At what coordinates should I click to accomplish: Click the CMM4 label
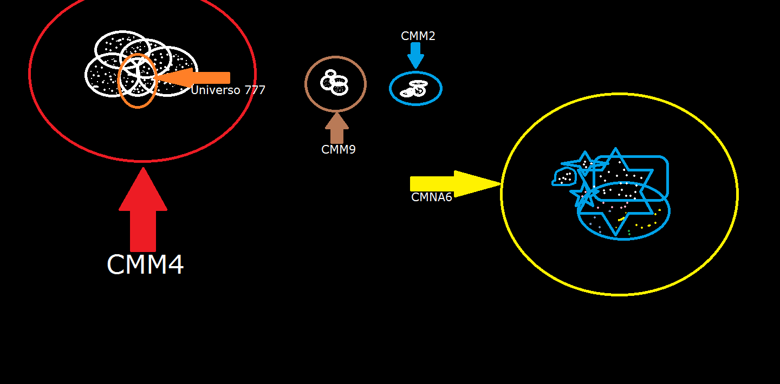pos(145,264)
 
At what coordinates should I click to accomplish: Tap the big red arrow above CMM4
pos(143,209)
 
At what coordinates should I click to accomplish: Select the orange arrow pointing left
pos(192,77)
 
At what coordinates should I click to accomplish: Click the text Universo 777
pos(228,90)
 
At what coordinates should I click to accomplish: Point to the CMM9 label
pos(338,150)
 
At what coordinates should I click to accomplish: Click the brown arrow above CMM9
pos(337,128)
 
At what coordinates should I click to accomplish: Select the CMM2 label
pos(418,36)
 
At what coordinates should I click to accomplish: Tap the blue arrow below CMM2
pos(415,55)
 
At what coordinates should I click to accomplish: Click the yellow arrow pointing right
pos(456,184)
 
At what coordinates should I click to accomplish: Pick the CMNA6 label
pos(431,197)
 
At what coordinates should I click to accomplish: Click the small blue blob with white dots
pos(564,177)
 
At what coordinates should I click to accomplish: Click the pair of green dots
pos(629,233)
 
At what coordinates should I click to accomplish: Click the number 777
pos(255,90)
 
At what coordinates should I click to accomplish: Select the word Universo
pos(216,90)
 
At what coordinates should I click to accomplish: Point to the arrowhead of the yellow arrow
pos(477,184)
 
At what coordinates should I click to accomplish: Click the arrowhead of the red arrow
pos(143,189)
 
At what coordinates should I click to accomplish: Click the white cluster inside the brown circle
pos(334,82)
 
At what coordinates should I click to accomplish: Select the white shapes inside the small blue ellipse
pos(414,88)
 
